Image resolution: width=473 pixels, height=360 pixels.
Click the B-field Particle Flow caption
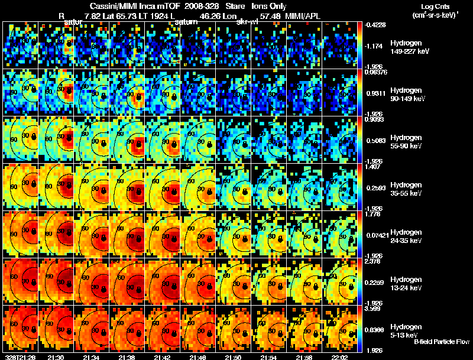tap(441, 342)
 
